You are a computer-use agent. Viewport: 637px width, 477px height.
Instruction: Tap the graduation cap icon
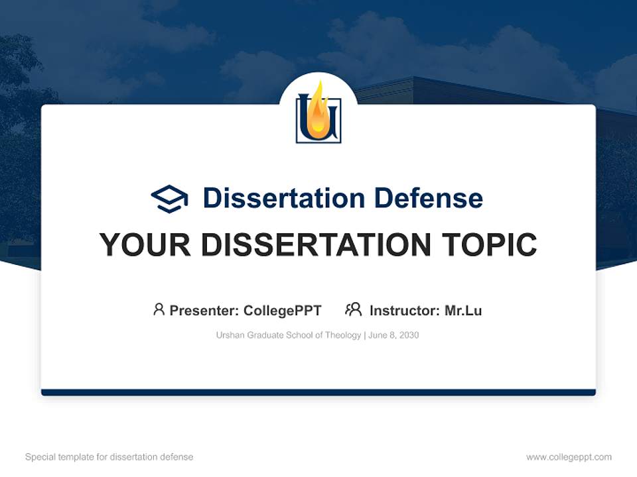point(169,199)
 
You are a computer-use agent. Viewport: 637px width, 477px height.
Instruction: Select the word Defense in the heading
point(429,198)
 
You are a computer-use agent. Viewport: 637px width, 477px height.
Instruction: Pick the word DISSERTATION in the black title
point(316,244)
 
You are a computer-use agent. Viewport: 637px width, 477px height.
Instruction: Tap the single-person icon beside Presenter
point(159,309)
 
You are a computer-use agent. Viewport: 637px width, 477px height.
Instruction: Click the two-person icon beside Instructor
point(354,309)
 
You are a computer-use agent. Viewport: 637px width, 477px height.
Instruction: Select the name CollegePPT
point(283,311)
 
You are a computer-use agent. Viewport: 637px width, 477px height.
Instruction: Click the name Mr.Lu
point(463,311)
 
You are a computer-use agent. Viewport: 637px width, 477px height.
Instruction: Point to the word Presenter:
point(204,311)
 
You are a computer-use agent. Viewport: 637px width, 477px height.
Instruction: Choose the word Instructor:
point(405,311)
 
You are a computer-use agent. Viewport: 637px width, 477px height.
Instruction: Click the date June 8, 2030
point(393,335)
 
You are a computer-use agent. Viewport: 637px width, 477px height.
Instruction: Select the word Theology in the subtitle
point(343,335)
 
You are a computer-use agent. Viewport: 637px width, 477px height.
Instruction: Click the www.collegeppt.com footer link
point(569,457)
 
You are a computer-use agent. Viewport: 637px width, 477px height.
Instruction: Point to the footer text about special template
point(109,457)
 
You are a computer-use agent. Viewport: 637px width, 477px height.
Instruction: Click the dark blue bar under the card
point(318,392)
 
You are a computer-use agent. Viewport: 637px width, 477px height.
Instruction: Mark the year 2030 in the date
point(409,335)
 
